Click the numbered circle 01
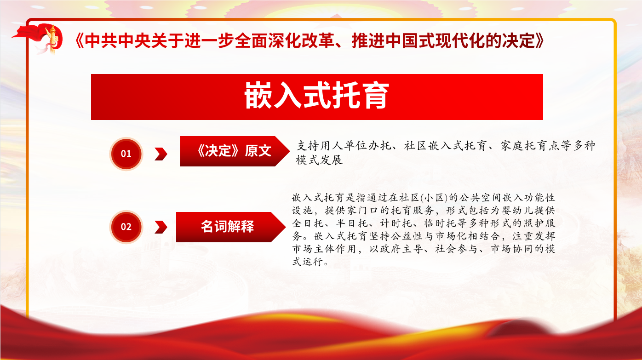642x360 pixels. pos(126,154)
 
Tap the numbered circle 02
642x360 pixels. pos(126,227)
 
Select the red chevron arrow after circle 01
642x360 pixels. pos(161,154)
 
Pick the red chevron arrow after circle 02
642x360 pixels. pos(161,227)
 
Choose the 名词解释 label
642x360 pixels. pos(227,227)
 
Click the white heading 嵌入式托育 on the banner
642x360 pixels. pos(317,96)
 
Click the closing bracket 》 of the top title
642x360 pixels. pos(539,41)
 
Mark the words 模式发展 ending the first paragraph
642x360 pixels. pos(319,160)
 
